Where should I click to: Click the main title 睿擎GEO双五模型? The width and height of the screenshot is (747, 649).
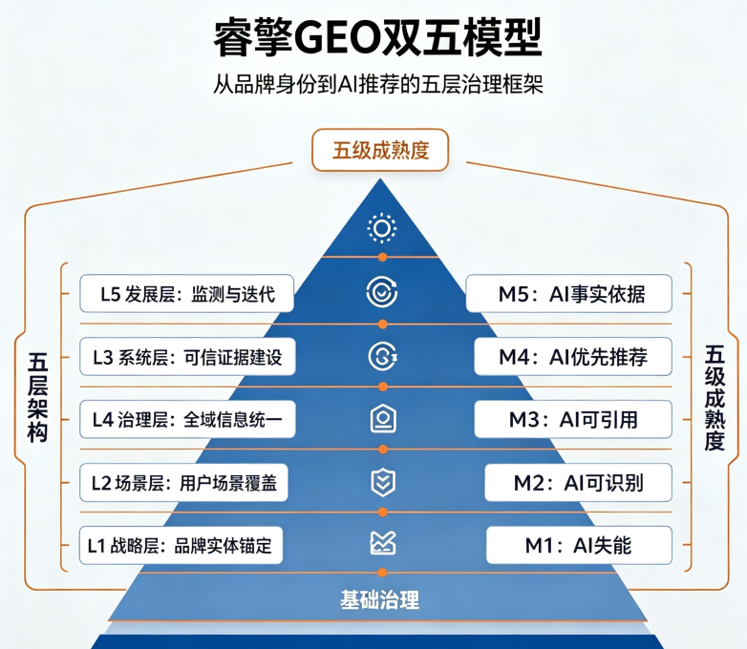[x=377, y=37]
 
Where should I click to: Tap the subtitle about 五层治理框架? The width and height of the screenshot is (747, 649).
[x=377, y=85]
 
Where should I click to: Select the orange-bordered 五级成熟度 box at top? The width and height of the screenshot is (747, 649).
[x=380, y=150]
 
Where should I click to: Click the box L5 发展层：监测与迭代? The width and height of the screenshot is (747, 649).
[x=187, y=294]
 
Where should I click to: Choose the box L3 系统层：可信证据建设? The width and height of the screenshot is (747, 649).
[x=187, y=357]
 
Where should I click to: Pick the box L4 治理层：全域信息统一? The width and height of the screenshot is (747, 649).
[x=187, y=420]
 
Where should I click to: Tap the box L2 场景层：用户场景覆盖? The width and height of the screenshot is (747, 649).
[x=183, y=482]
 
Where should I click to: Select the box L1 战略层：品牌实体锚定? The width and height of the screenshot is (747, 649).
[x=181, y=545]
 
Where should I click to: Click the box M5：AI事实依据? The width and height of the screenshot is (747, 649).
[x=568, y=294]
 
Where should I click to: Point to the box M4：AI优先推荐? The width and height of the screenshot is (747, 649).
[x=573, y=357]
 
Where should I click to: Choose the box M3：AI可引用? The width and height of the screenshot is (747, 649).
[x=573, y=420]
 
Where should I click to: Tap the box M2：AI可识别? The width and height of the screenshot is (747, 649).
[x=578, y=482]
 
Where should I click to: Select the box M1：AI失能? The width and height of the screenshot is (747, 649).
[x=579, y=545]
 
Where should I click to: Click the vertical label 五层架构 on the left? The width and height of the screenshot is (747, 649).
[x=37, y=398]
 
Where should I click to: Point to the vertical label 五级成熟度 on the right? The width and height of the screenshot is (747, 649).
[x=715, y=398]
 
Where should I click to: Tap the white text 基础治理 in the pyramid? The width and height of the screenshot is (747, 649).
[x=379, y=599]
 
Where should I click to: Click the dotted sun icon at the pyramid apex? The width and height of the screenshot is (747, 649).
[x=381, y=228]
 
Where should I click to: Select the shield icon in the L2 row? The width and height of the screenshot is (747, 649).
[x=383, y=482]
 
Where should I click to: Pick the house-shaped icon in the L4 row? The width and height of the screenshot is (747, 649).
[x=383, y=419]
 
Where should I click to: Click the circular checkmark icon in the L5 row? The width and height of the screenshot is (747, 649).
[x=381, y=292]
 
